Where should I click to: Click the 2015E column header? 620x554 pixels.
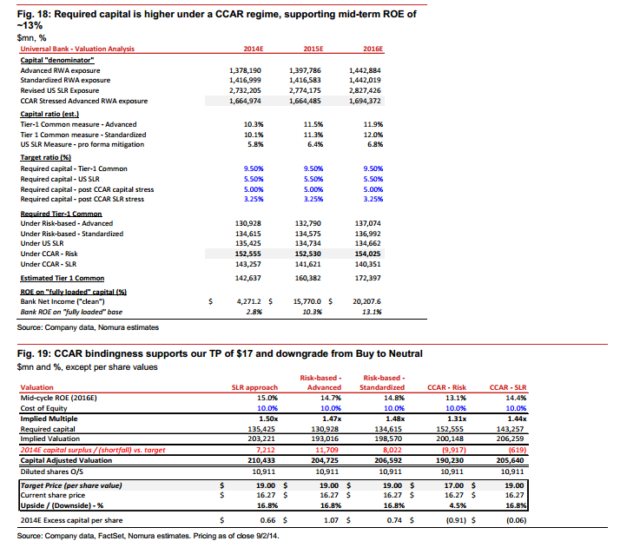click(x=313, y=49)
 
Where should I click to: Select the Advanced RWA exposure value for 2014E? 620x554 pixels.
click(x=245, y=70)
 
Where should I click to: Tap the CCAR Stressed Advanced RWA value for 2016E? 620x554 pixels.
click(x=365, y=101)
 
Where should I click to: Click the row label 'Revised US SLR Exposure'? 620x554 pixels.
click(x=60, y=90)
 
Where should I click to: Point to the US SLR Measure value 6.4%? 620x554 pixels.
click(x=315, y=144)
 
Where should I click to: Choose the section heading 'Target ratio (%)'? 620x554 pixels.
click(x=46, y=157)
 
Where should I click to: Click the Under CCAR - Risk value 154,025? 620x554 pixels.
click(x=367, y=254)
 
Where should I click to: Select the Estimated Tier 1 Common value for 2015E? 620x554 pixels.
click(x=308, y=278)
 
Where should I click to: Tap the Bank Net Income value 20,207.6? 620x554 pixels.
click(x=367, y=301)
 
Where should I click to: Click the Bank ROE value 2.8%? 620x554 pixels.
click(x=254, y=312)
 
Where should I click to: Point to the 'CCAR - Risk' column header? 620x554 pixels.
click(x=447, y=387)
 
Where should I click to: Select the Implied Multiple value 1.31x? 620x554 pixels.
click(x=457, y=419)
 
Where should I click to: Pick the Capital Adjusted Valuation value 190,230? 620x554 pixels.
click(x=451, y=460)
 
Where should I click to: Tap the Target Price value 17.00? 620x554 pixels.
click(x=454, y=485)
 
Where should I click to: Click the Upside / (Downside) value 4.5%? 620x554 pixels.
click(x=458, y=505)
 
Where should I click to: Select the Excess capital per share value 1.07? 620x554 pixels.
click(x=331, y=520)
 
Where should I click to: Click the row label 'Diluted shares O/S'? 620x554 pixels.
click(x=52, y=472)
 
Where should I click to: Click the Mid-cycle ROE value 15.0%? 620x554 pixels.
click(x=267, y=398)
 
